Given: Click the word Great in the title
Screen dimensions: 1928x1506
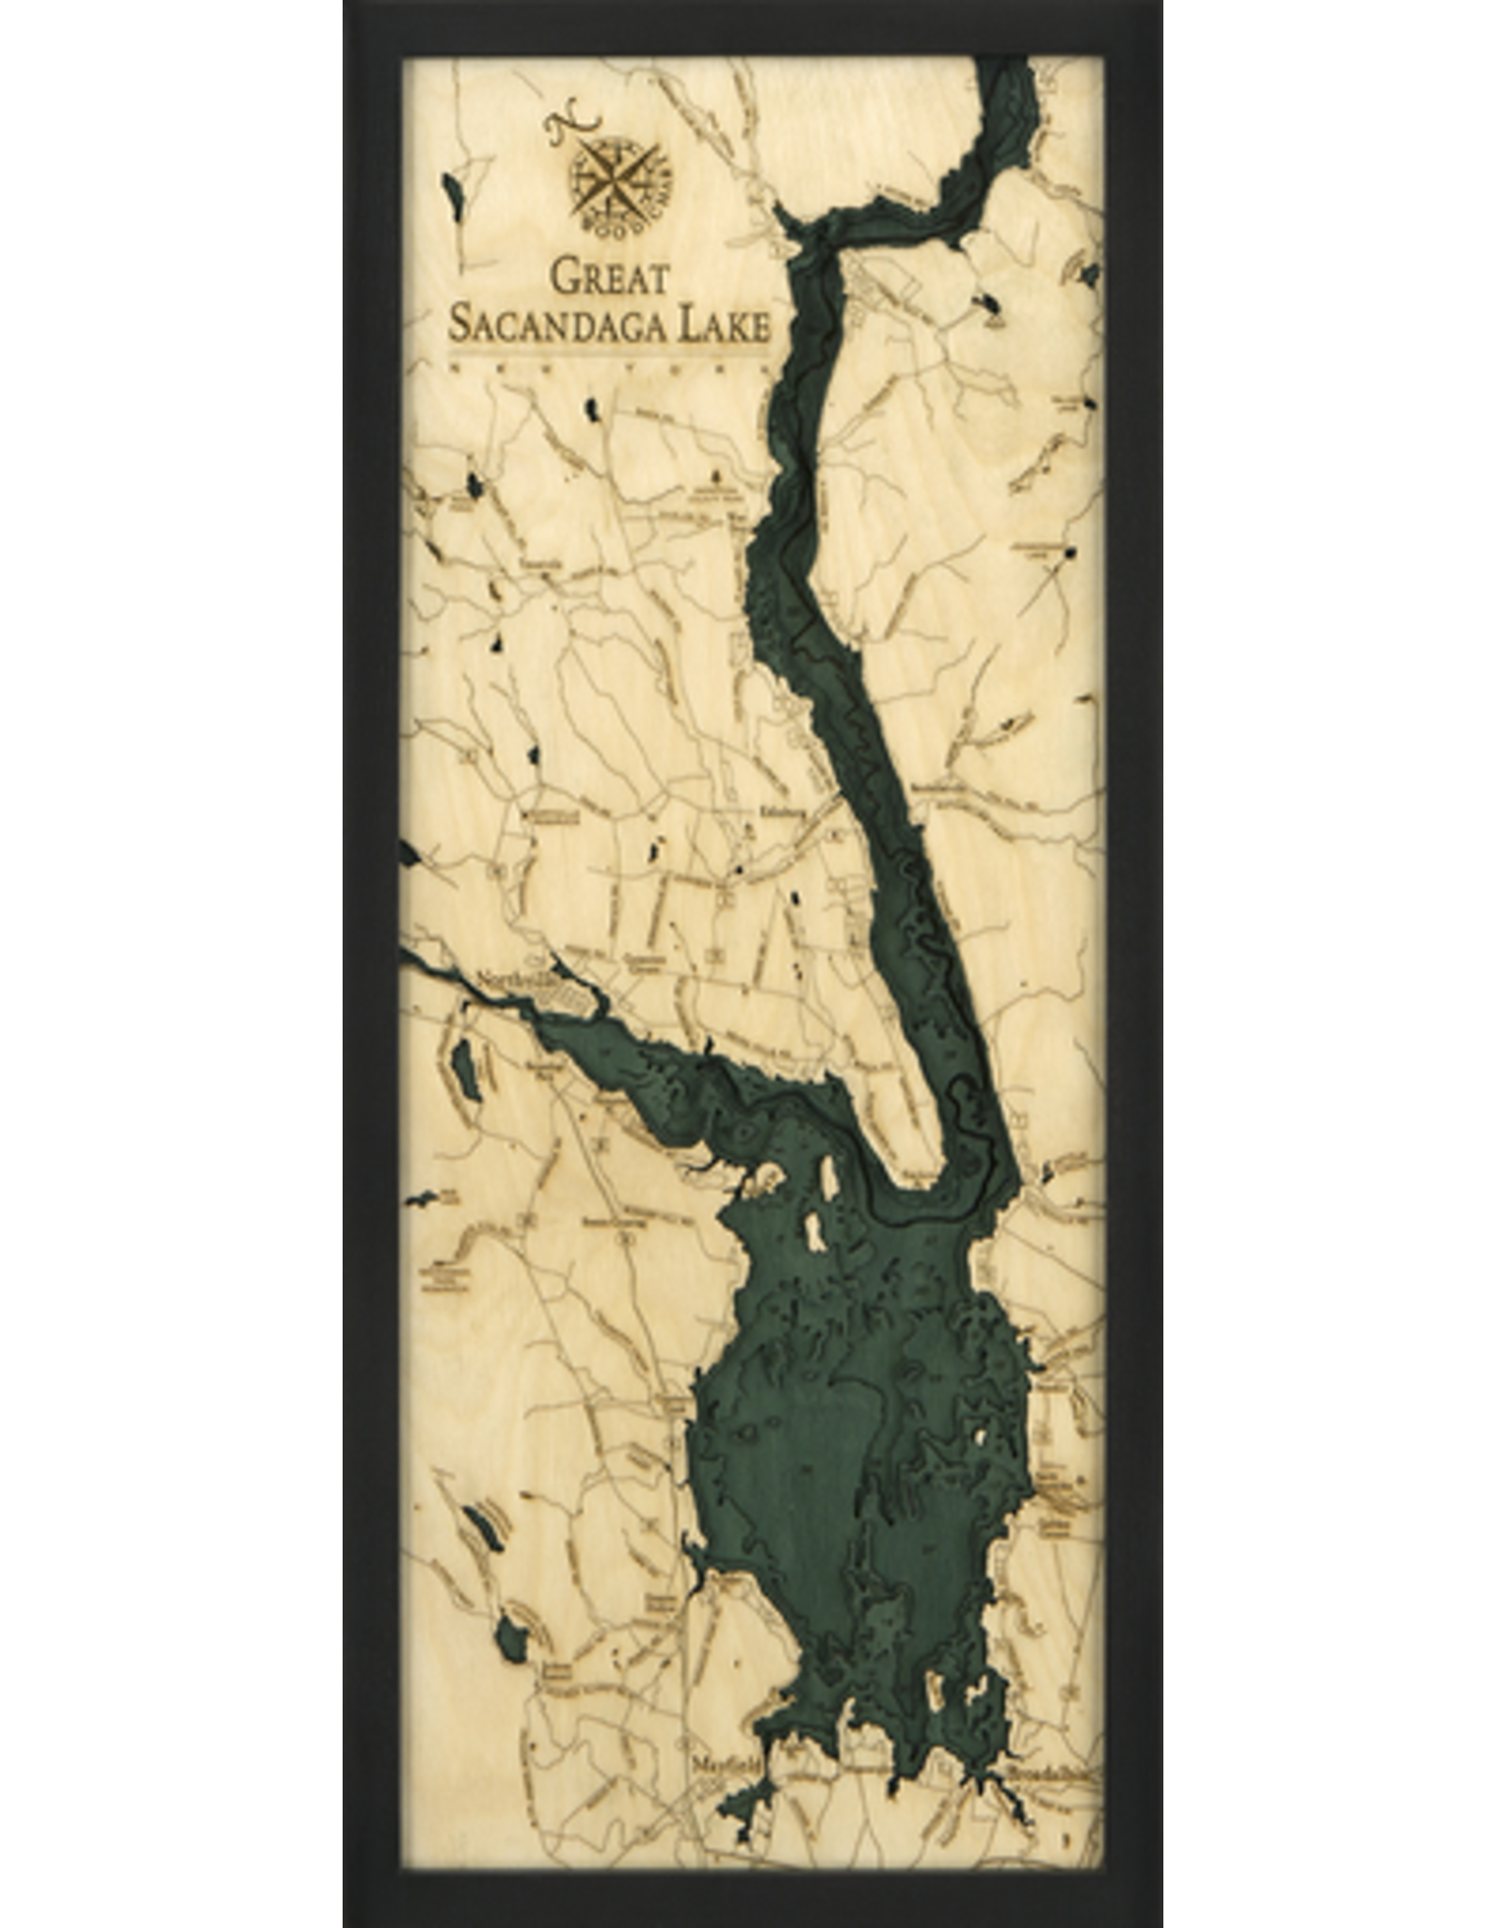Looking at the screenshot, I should click(x=609, y=279).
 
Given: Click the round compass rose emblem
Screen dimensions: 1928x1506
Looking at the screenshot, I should click(x=615, y=178).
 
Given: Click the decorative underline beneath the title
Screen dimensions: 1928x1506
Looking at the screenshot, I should click(x=610, y=355).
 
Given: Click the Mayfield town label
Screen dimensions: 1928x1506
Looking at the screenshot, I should click(x=724, y=1760).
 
